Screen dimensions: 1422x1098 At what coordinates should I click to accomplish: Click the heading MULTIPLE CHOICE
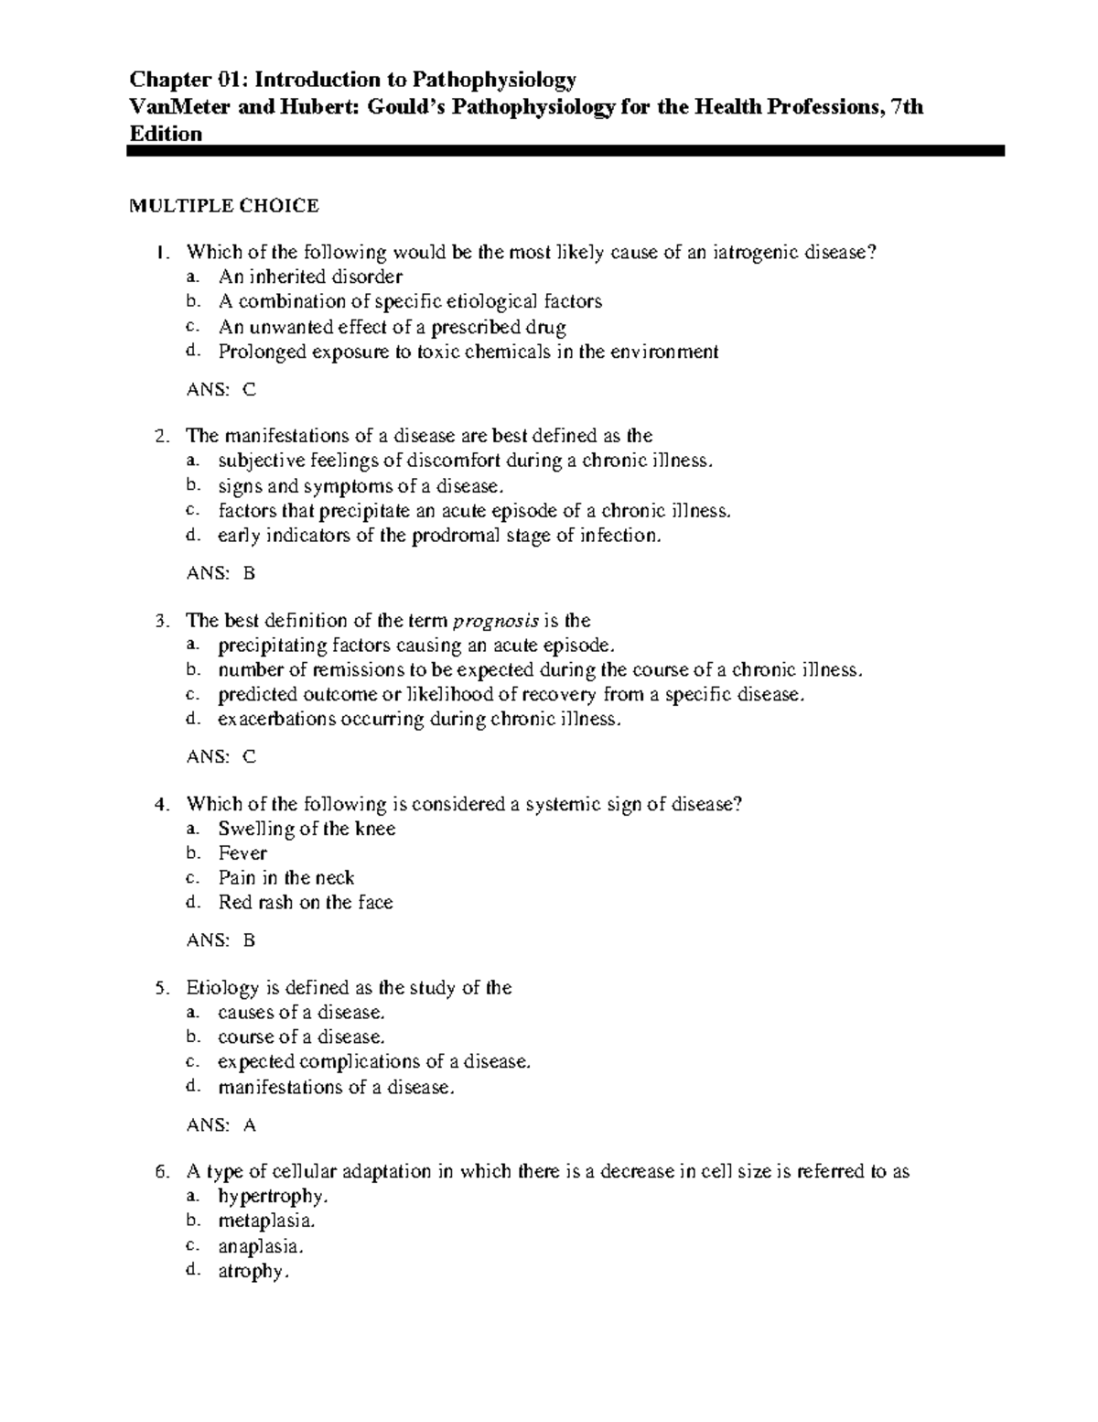point(223,206)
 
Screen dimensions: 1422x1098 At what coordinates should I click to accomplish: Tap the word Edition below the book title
point(166,134)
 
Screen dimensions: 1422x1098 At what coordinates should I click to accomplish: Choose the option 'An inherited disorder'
point(310,277)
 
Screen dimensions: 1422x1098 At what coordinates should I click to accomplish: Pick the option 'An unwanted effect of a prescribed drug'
point(392,327)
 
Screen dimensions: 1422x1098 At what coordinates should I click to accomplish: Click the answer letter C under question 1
point(249,390)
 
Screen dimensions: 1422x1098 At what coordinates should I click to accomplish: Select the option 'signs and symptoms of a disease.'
point(361,486)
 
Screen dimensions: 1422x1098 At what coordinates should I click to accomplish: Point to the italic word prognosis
point(497,621)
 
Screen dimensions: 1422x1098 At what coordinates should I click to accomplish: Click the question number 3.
point(161,621)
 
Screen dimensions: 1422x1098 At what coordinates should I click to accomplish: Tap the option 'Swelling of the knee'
point(307,829)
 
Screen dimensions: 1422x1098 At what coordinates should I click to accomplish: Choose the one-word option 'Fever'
point(242,853)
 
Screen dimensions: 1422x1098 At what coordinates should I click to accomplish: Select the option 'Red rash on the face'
point(305,903)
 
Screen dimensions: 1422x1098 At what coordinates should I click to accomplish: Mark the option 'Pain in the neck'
point(285,878)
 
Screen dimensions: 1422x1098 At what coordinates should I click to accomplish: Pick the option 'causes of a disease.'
point(301,1013)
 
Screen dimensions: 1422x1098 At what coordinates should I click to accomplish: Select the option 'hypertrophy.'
point(273,1197)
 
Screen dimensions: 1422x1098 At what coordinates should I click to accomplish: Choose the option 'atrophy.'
point(253,1271)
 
